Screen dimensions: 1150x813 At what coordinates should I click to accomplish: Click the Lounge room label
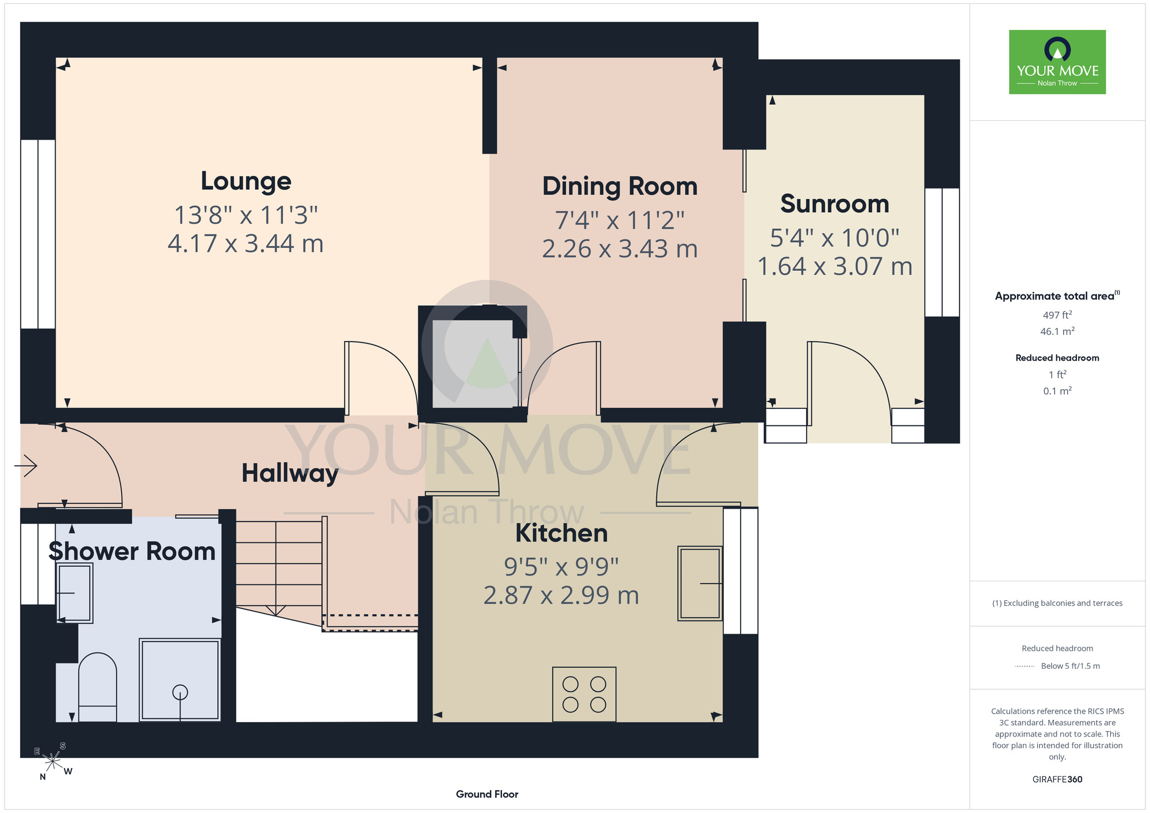pyautogui.click(x=246, y=181)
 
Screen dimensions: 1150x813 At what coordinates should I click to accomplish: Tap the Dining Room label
pyautogui.click(x=620, y=186)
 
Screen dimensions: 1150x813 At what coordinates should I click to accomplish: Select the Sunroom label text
pyautogui.click(x=835, y=204)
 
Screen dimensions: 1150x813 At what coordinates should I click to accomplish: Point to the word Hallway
pyautogui.click(x=290, y=473)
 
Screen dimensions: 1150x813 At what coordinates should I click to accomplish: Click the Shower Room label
pyautogui.click(x=132, y=551)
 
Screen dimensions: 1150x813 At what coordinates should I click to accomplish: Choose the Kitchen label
pyautogui.click(x=562, y=533)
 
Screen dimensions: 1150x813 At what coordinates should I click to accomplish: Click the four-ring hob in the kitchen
pyautogui.click(x=584, y=694)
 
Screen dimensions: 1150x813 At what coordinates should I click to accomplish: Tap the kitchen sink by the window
pyautogui.click(x=700, y=583)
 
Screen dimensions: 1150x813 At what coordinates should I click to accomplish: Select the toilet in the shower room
pyautogui.click(x=98, y=687)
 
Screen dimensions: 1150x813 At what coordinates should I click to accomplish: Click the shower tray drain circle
pyautogui.click(x=180, y=692)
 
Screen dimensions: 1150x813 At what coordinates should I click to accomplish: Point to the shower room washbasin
pyautogui.click(x=75, y=593)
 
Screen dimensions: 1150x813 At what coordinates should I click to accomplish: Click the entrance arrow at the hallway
pyautogui.click(x=26, y=465)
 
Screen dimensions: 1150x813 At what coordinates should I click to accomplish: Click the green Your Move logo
pyautogui.click(x=1057, y=62)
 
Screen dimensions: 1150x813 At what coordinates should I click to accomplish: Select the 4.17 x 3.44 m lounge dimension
pyautogui.click(x=246, y=243)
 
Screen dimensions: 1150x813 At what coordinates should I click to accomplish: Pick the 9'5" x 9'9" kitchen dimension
pyautogui.click(x=561, y=567)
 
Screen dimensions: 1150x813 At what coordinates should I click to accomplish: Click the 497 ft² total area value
pyautogui.click(x=1057, y=315)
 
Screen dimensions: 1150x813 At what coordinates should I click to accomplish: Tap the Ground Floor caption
pyautogui.click(x=487, y=794)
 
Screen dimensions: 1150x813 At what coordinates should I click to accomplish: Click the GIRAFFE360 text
pyautogui.click(x=1057, y=780)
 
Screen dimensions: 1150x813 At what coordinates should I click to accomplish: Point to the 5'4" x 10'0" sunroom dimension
pyautogui.click(x=835, y=237)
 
